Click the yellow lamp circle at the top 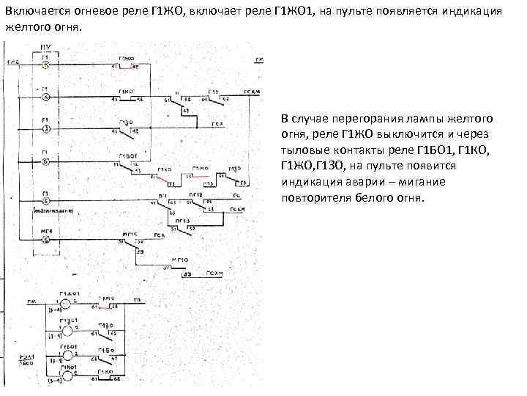45,65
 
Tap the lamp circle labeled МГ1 45,240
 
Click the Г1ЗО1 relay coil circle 66,329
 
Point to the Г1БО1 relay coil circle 66,353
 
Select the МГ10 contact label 181,260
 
